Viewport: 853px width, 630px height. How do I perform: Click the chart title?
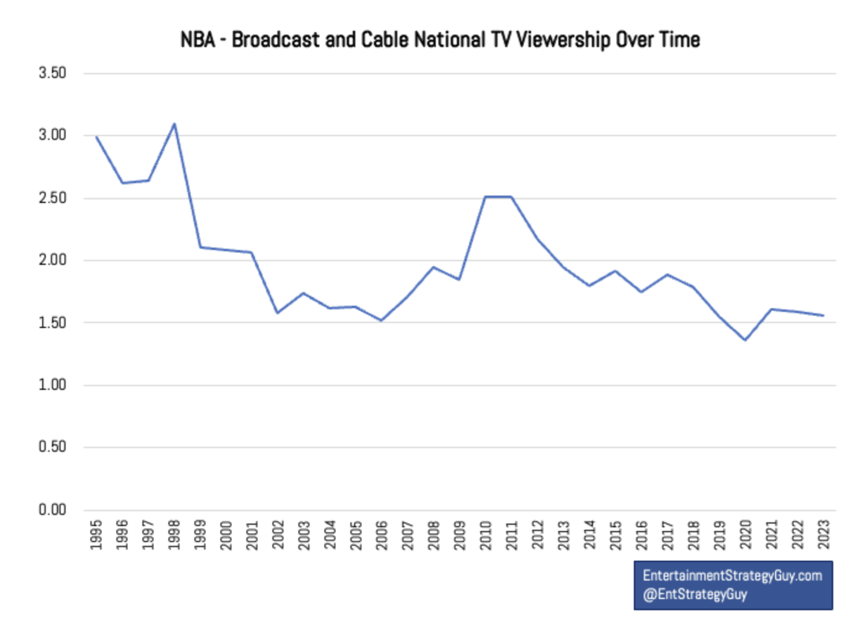[x=439, y=40]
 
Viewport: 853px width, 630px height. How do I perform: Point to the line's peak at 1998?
[x=175, y=124]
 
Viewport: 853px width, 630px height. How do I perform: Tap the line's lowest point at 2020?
[x=745, y=340]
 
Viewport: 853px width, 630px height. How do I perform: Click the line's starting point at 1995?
[x=97, y=137]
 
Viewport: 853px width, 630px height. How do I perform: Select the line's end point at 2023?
[x=823, y=316]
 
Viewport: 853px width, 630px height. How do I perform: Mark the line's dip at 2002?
[x=277, y=313]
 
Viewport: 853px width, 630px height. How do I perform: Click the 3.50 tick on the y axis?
[x=52, y=73]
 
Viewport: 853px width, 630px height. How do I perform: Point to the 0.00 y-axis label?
[x=52, y=510]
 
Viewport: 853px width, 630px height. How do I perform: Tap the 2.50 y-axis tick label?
[x=52, y=198]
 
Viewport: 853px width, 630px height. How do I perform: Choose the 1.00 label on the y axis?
[x=52, y=385]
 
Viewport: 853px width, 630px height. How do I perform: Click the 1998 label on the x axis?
[x=175, y=534]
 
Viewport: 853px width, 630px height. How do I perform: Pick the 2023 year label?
[x=823, y=534]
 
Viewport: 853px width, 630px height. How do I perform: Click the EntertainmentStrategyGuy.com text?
[x=732, y=576]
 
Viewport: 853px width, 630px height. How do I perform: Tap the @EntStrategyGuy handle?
[x=695, y=595]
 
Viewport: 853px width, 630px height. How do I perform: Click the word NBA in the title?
[x=197, y=40]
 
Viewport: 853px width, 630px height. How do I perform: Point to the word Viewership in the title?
[x=563, y=40]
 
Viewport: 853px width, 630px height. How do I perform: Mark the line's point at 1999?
[x=201, y=248]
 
